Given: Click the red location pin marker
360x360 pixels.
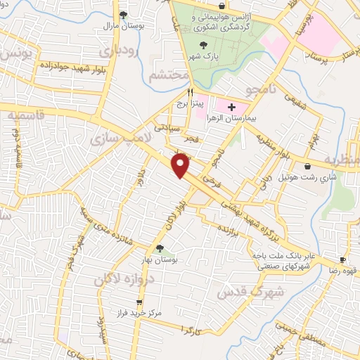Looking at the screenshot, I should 181,167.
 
